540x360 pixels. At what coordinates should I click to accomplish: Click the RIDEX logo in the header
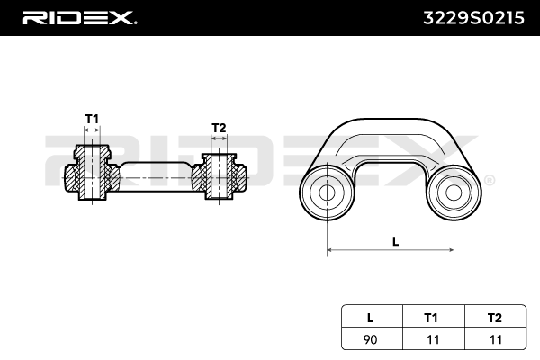pos(79,17)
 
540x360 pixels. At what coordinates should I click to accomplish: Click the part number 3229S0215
pos(472,17)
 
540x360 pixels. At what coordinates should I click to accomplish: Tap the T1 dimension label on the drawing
pos(92,119)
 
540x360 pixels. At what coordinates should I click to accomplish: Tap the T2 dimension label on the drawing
pos(218,128)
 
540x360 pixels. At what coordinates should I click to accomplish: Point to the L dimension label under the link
pos(395,240)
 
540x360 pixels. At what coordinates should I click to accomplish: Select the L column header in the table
pos(370,316)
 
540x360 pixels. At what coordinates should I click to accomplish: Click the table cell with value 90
pos(370,338)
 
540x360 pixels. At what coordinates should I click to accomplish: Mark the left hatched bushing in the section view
pos(92,175)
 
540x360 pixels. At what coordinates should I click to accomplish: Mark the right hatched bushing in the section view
pos(218,176)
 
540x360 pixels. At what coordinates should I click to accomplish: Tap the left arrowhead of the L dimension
pos(329,248)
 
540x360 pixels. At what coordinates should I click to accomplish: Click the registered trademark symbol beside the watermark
pos(489,181)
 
